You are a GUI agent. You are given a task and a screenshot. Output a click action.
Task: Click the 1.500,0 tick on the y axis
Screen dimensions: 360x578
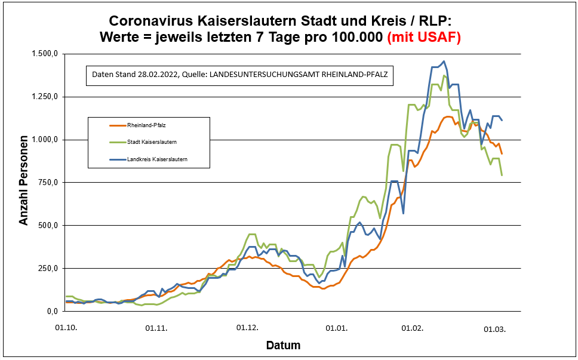pos(45,54)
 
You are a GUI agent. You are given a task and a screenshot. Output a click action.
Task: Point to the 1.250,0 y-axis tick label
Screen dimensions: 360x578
pos(45,97)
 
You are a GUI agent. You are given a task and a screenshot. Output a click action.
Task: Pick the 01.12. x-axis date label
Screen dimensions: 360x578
pos(247,328)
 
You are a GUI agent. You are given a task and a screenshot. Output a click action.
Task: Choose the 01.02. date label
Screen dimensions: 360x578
pos(411,328)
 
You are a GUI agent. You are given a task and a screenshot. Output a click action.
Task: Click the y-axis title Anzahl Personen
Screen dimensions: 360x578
pos(24,183)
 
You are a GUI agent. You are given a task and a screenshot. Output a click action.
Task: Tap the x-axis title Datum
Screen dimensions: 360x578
pos(283,345)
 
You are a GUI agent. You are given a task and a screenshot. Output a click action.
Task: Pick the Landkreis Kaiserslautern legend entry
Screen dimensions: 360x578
pos(157,159)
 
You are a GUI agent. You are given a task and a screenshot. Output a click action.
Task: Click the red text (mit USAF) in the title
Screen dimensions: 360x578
pos(424,37)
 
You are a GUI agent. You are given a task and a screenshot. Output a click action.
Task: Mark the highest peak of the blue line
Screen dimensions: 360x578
pos(443,61)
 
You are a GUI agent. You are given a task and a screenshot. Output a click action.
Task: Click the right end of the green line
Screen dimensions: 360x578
pos(502,175)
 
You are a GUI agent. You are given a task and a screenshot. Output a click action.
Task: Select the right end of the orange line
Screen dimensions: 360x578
pos(502,154)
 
